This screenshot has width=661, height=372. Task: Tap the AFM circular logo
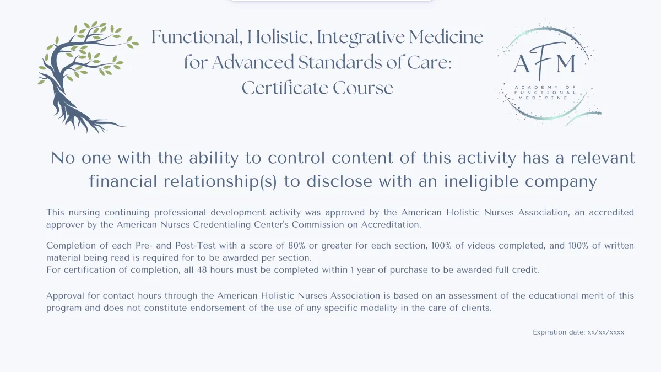coord(548,72)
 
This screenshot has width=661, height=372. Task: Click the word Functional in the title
coord(197,37)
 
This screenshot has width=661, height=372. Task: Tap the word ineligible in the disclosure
coord(481,181)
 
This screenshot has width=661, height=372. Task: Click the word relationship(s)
coord(220,181)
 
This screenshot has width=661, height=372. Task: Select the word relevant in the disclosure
coord(603,158)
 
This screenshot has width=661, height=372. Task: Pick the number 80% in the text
coord(296,246)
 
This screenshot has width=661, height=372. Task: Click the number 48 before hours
coord(202,270)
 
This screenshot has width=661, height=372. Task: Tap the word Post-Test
coord(196,246)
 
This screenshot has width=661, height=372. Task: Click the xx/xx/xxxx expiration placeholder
coord(606,332)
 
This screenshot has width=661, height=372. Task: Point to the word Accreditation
coord(391,225)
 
